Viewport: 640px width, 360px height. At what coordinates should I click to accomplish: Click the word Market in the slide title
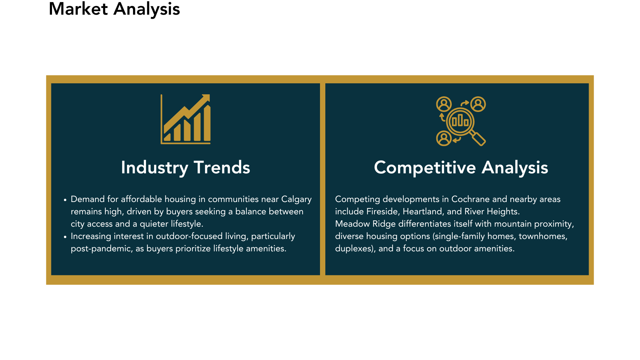point(78,9)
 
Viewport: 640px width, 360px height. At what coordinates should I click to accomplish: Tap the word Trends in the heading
point(222,167)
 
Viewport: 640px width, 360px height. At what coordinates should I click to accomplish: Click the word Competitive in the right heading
point(425,168)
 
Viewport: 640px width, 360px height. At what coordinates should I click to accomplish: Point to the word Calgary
point(296,199)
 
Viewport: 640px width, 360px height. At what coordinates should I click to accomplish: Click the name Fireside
point(383,212)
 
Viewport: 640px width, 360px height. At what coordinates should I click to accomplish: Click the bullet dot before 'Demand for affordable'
point(65,200)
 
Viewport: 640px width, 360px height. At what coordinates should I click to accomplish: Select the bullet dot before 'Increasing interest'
point(65,237)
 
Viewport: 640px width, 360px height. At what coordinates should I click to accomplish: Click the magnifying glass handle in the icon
point(478,138)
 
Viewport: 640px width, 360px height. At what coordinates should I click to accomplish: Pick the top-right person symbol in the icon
point(478,104)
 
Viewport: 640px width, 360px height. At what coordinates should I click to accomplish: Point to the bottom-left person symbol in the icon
point(444,138)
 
